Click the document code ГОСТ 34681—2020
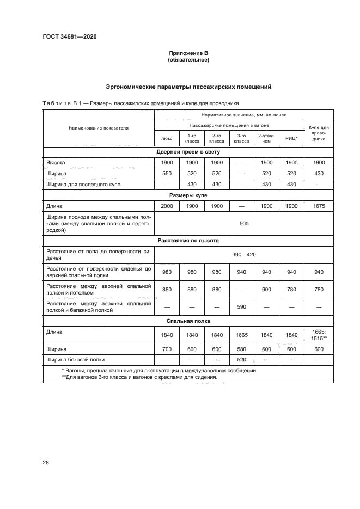[x=65, y=37]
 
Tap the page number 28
[x=46, y=462]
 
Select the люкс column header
[x=167, y=138]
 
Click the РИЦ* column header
[x=291, y=138]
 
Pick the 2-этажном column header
[x=266, y=138]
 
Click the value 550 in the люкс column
[x=167, y=173]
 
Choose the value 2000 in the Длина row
[x=167, y=206]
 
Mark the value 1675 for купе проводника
[x=319, y=206]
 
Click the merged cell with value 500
[x=241, y=223]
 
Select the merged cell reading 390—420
[x=241, y=254]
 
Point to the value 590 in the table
[x=241, y=306]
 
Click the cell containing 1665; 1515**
[x=319, y=334]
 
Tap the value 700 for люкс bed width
[x=167, y=348]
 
